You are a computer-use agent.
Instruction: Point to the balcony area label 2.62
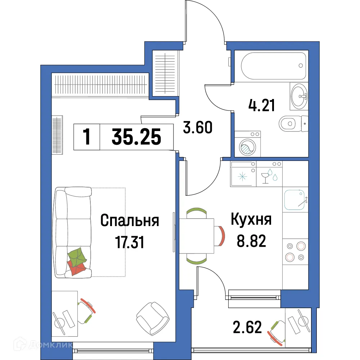(x=247, y=328)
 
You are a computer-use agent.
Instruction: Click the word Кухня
(x=251, y=220)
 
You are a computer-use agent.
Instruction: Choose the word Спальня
(x=130, y=221)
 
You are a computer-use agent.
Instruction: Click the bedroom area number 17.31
(x=130, y=242)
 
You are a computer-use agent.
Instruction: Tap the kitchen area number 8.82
(x=251, y=242)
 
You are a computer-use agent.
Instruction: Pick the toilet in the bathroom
(x=291, y=124)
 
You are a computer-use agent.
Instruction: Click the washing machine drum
(x=247, y=148)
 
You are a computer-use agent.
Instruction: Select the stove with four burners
(x=295, y=251)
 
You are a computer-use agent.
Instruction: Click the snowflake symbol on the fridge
(x=243, y=177)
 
